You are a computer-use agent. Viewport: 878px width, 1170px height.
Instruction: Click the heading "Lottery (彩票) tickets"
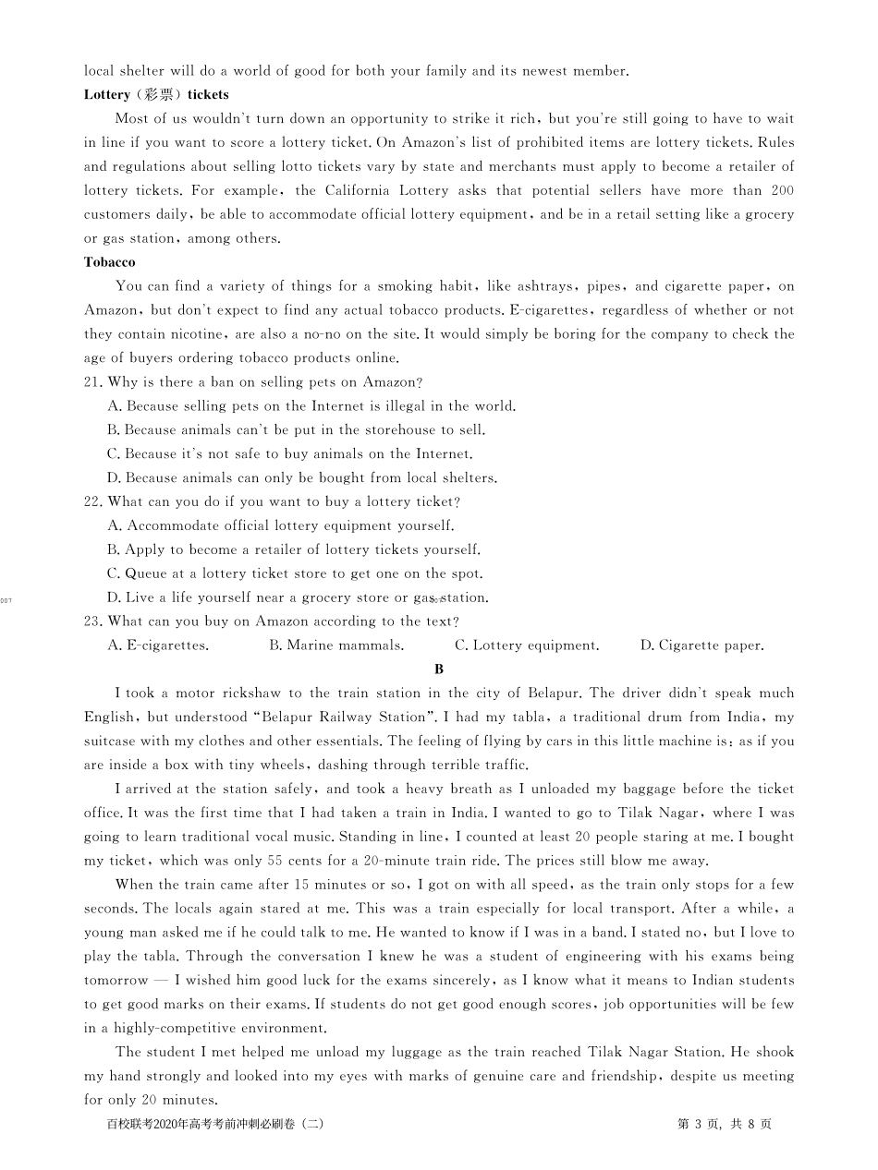pos(156,94)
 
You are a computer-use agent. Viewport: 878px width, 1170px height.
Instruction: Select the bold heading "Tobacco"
pos(109,262)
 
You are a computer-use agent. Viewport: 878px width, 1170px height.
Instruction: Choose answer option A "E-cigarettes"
pos(158,645)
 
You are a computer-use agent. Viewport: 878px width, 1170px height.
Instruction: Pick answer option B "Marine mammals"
pos(335,645)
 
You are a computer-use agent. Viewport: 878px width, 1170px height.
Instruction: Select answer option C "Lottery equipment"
pos(527,645)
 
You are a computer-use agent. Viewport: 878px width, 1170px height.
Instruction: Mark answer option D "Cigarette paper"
pos(701,645)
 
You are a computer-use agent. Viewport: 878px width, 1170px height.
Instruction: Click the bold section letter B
pos(439,669)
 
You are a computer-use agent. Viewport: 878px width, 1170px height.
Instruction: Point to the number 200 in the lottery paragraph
pos(782,190)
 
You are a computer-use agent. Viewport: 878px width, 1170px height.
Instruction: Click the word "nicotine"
pos(192,334)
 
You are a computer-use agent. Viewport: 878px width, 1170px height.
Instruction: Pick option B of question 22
pos(294,549)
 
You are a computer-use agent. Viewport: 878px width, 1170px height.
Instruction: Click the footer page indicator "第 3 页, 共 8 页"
pos(725,1124)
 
